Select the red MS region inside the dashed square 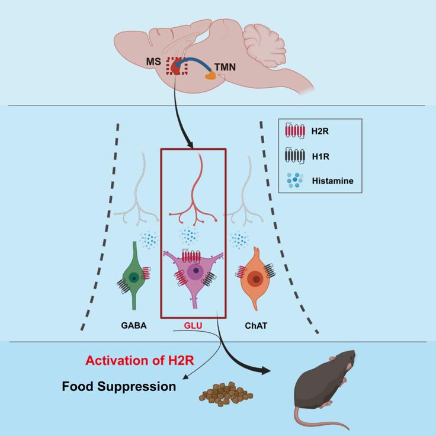point(175,67)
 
